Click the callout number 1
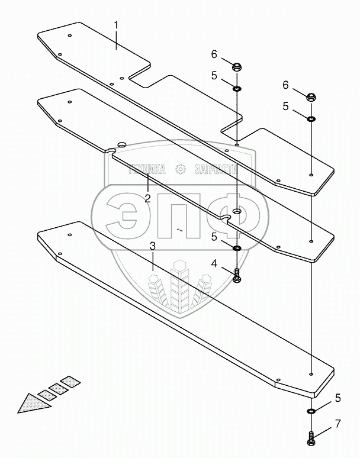[x=116, y=25]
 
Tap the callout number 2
[x=148, y=199]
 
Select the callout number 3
[x=153, y=246]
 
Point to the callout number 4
[x=214, y=264]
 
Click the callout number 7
[x=338, y=424]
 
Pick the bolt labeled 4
[x=237, y=275]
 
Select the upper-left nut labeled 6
[x=237, y=68]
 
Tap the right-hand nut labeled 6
[x=311, y=96]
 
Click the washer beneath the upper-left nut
[x=237, y=88]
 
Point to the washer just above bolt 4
[x=237, y=249]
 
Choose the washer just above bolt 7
[x=311, y=411]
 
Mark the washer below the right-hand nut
[x=311, y=119]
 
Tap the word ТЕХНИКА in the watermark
[x=147, y=169]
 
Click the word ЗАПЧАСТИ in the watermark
[x=216, y=169]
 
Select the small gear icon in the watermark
[x=180, y=169]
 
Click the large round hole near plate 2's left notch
[x=121, y=144]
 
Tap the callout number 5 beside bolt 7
[x=338, y=398]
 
